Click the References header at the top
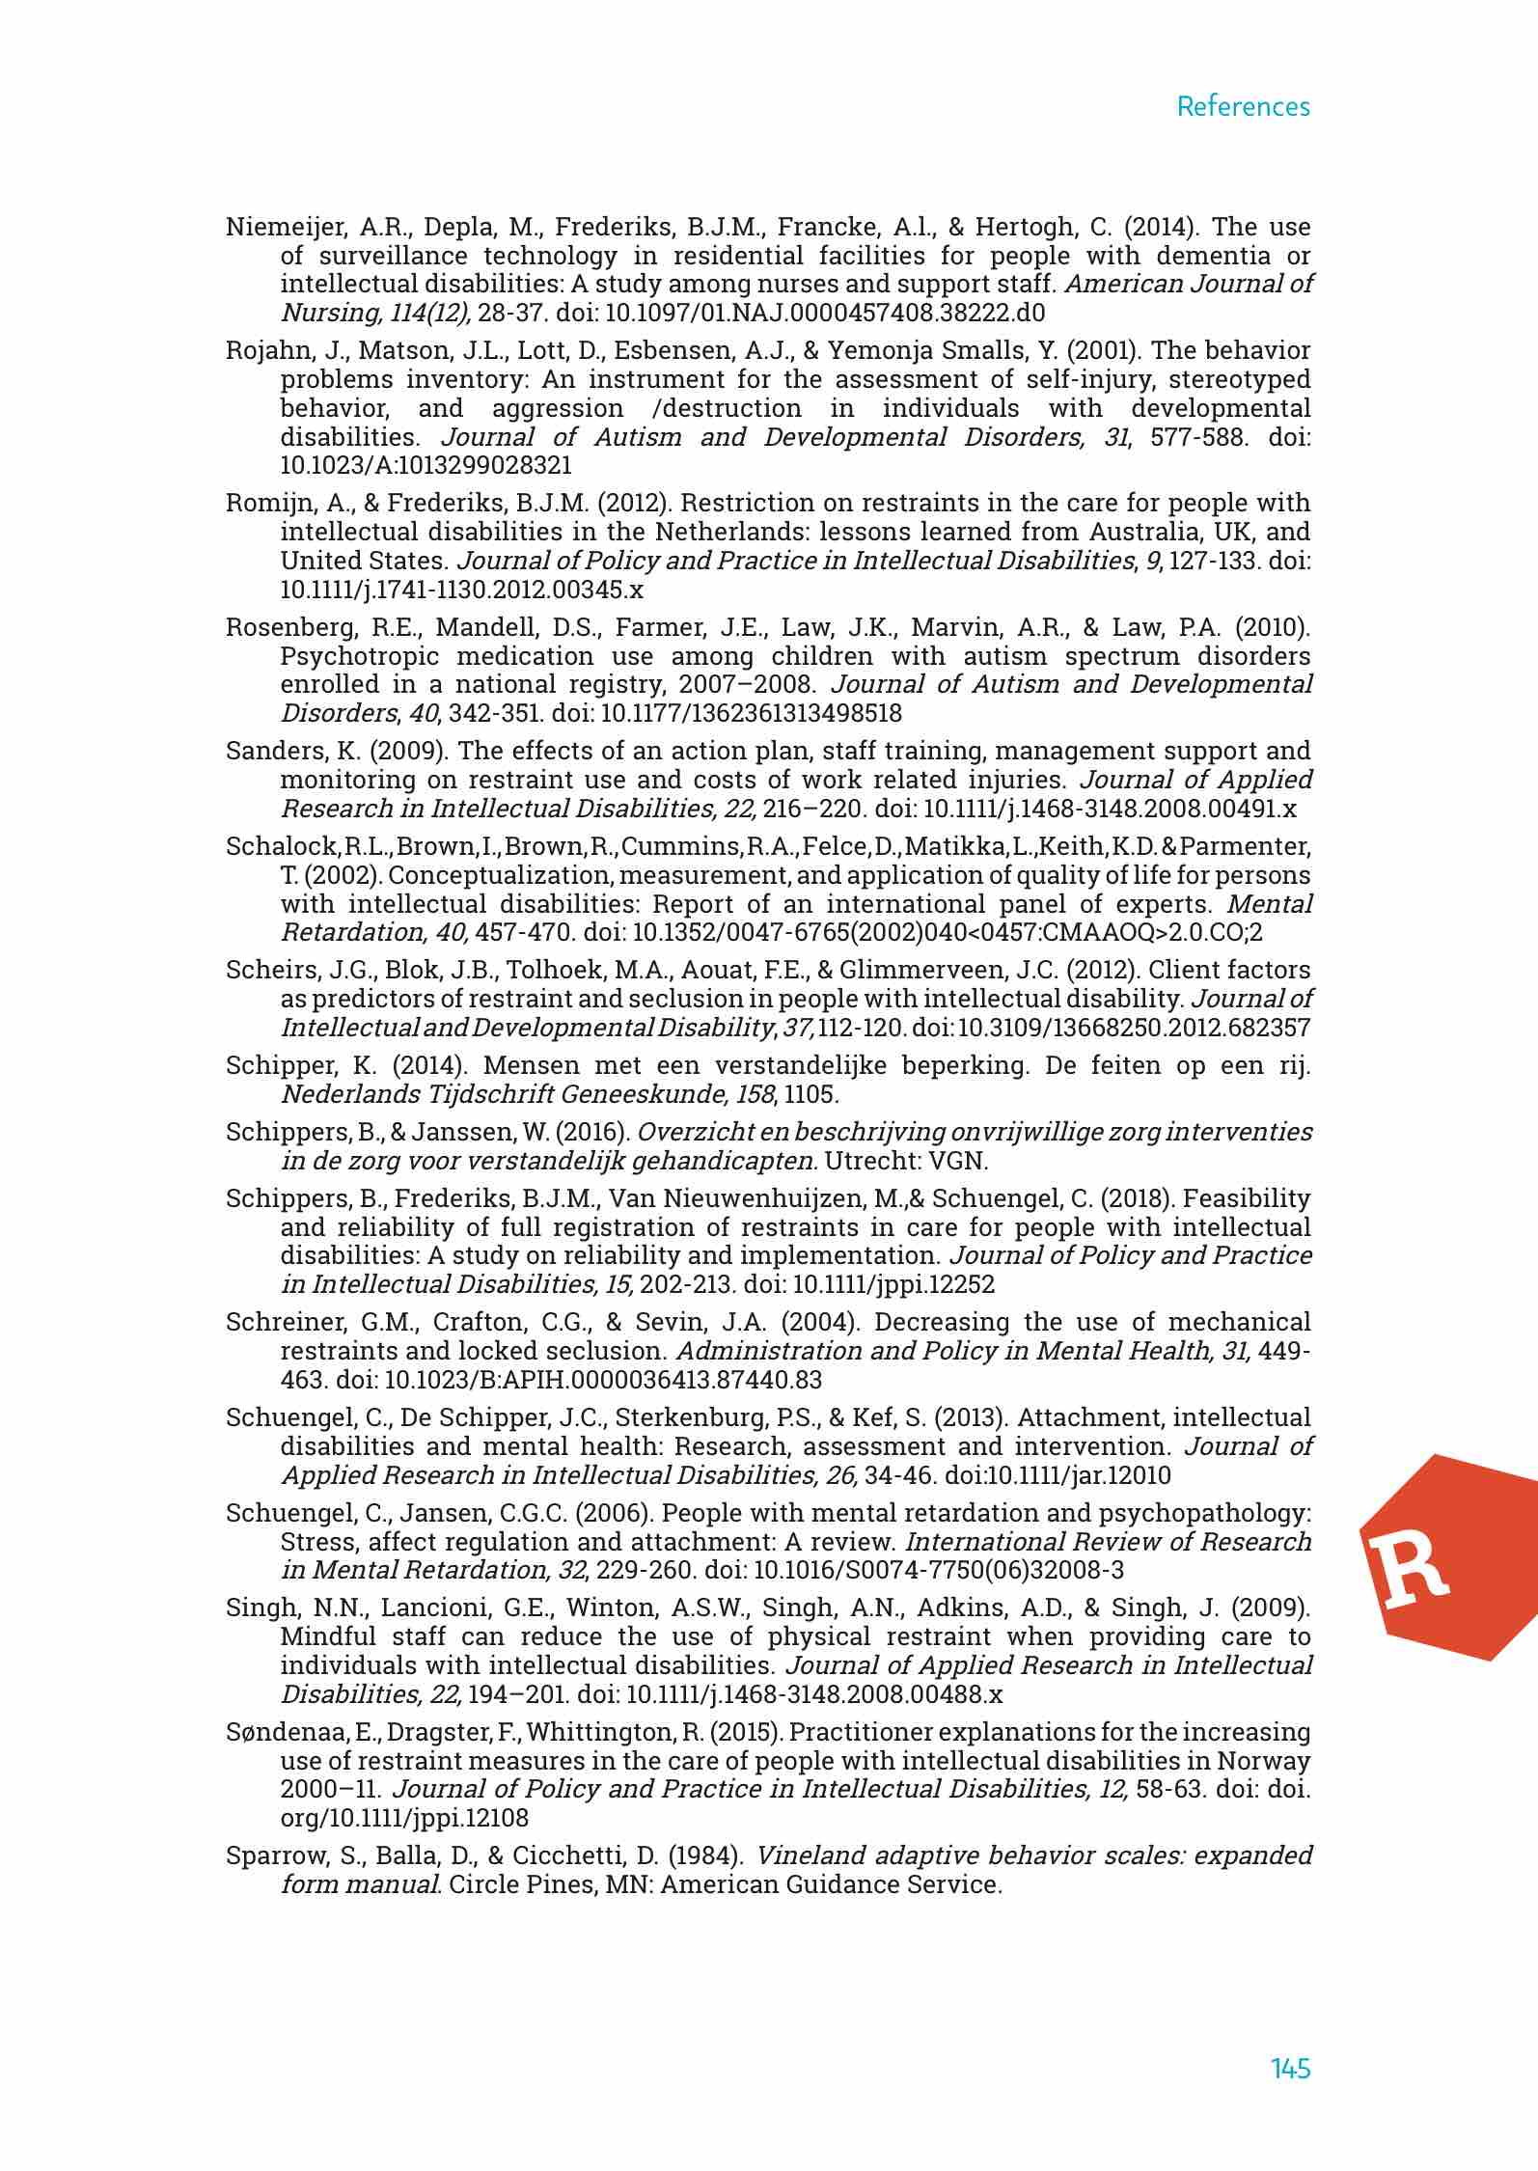pos(1243,106)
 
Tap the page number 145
pos(1290,2068)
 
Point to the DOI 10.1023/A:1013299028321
pos(426,466)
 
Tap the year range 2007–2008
pos(745,685)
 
